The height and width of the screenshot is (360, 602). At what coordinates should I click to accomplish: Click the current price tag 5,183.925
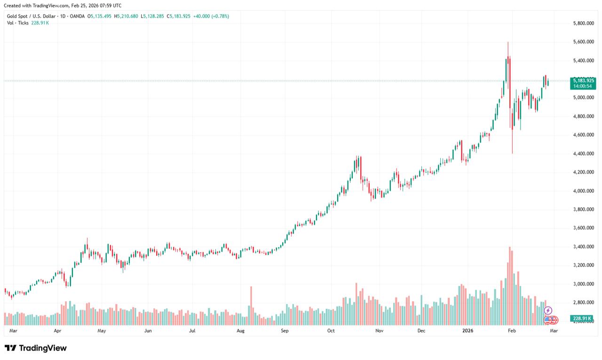click(583, 80)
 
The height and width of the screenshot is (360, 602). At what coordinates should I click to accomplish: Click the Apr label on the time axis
click(57, 331)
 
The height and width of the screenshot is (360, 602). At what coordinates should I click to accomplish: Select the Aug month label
click(241, 331)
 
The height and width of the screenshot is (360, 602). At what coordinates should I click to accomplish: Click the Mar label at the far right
click(554, 331)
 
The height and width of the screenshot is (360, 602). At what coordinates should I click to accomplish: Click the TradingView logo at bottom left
click(36, 348)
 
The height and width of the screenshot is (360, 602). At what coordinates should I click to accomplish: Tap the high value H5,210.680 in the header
click(126, 16)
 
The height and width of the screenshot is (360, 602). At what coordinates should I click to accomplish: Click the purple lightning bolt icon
click(548, 311)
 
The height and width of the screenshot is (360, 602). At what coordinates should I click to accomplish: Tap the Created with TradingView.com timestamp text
click(63, 6)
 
